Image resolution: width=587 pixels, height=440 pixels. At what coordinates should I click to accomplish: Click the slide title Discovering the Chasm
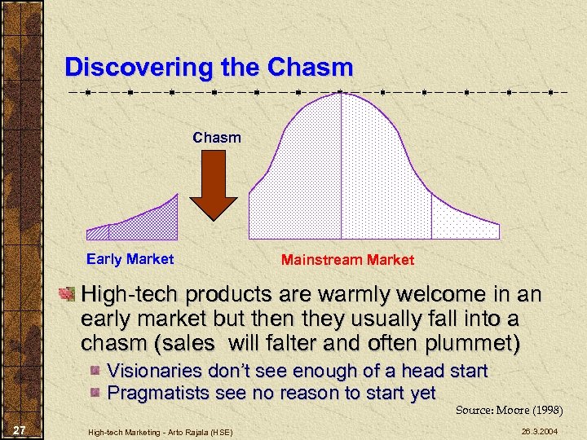pos(209,67)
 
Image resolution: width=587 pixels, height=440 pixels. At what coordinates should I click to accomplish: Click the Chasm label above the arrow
pos(217,138)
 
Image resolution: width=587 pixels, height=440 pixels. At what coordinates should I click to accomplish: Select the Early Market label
pos(130,259)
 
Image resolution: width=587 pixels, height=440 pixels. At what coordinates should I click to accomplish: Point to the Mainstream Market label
pos(347,260)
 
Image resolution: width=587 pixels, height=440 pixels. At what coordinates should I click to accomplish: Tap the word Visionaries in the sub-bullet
pos(156,371)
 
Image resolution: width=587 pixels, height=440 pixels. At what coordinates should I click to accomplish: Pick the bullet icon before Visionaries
pos(95,372)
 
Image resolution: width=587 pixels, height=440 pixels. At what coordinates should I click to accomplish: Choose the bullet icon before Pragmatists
pos(95,394)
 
